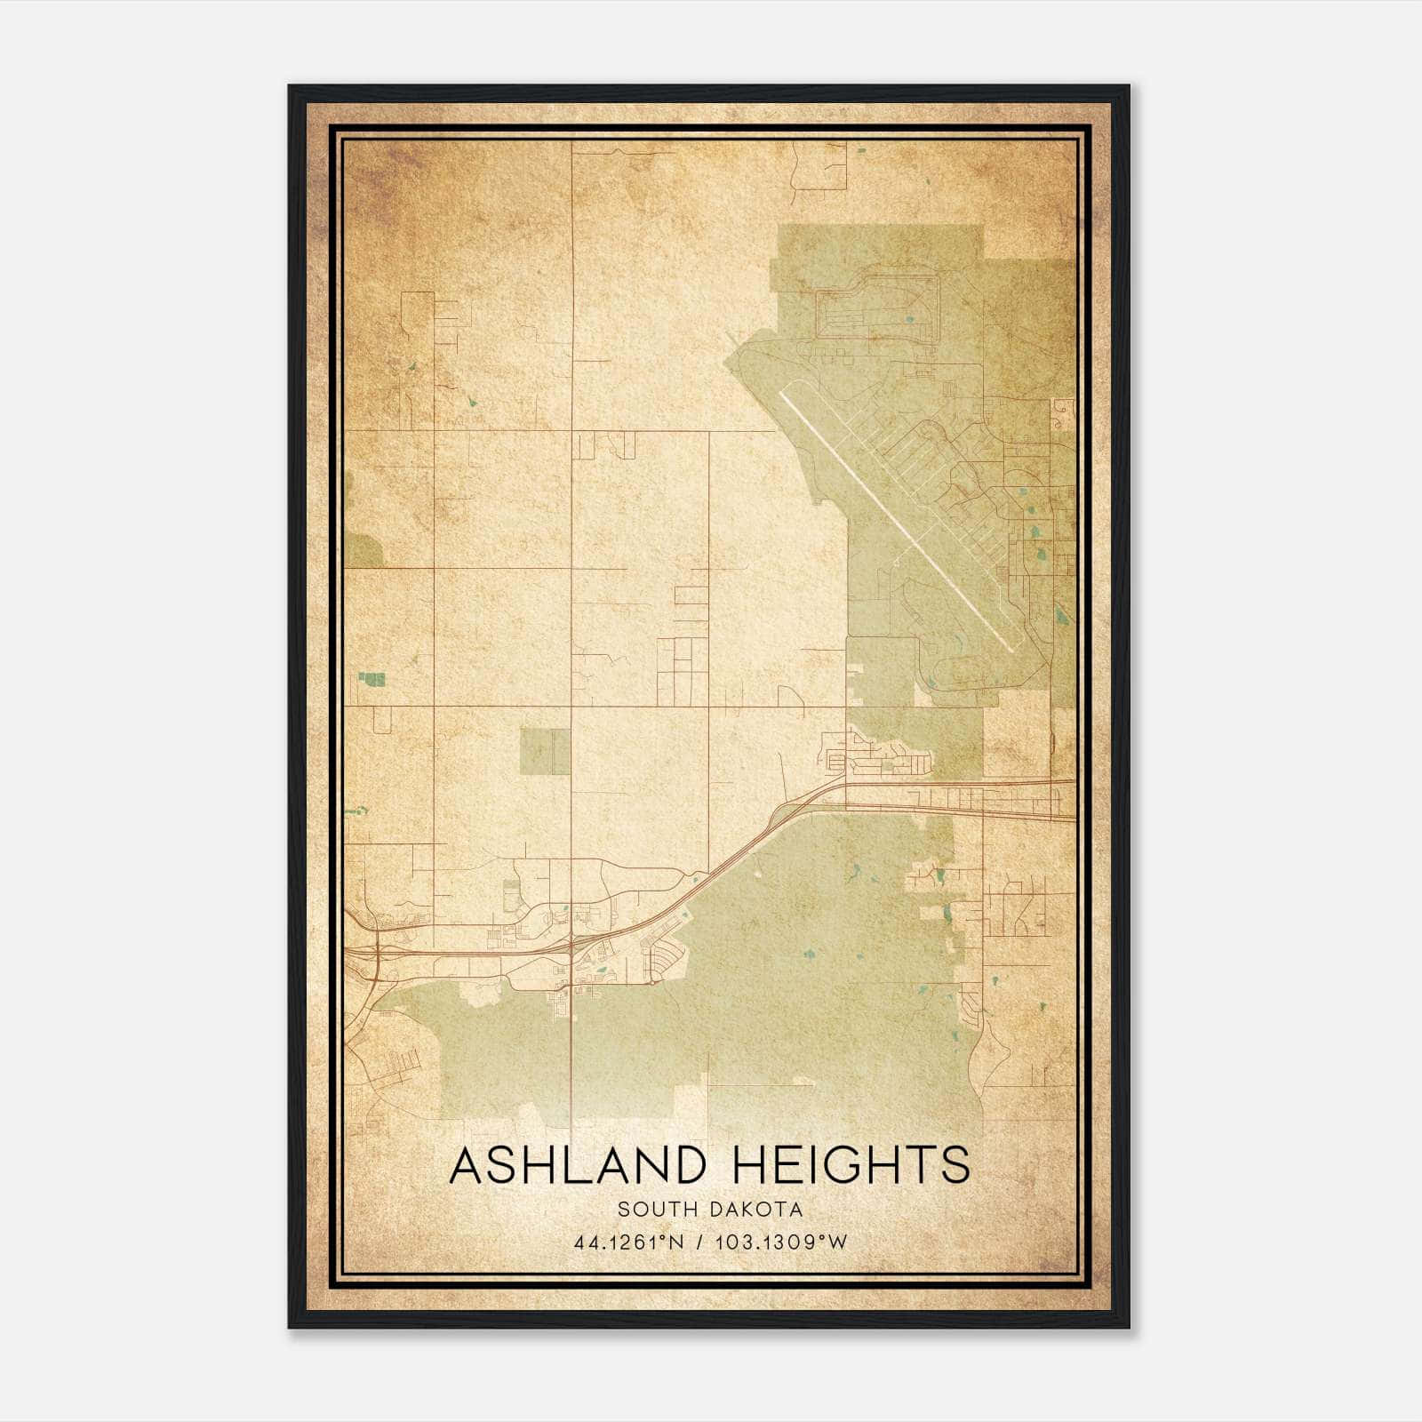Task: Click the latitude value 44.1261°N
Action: pos(629,1242)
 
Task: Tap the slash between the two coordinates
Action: pos(701,1242)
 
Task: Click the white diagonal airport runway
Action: pos(898,515)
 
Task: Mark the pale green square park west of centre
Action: pos(545,751)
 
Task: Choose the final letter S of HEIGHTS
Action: pos(955,1165)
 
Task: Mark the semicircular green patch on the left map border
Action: pos(363,550)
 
